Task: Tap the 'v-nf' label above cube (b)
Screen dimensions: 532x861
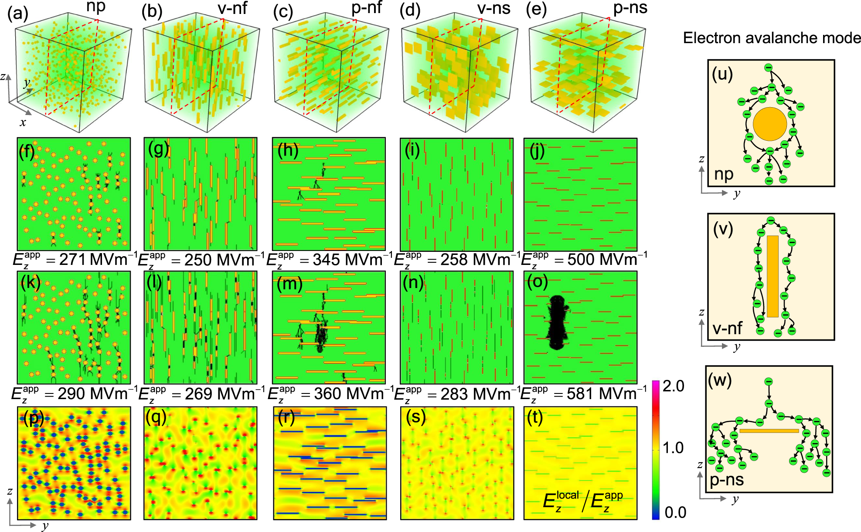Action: click(x=232, y=9)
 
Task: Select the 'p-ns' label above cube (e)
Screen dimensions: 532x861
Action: click(x=630, y=9)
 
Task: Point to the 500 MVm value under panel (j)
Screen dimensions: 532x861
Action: click(x=582, y=260)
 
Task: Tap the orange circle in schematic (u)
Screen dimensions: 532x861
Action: click(x=769, y=124)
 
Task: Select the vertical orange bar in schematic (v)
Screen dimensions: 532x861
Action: click(x=773, y=276)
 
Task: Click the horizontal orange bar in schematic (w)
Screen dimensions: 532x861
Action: click(x=769, y=431)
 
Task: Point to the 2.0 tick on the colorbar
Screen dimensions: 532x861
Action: click(x=673, y=386)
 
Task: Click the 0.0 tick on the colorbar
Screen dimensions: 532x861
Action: click(x=675, y=513)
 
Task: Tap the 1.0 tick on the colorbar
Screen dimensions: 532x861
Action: click(x=673, y=448)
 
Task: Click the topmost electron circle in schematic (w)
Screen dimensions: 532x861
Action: click(x=769, y=382)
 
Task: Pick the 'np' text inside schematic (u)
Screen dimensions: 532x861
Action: click(x=724, y=174)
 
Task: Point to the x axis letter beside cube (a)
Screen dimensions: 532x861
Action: click(x=23, y=122)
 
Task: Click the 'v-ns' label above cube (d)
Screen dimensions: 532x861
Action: click(x=494, y=9)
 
